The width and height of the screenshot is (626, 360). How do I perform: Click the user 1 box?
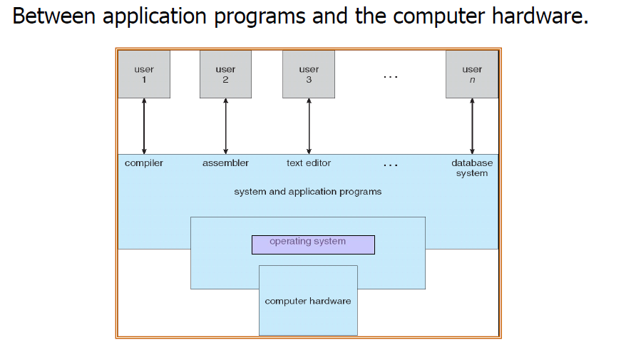point(144,74)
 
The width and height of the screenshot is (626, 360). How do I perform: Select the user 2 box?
point(225,74)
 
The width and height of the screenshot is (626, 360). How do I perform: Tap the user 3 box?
point(309,74)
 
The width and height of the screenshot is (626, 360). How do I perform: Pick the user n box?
point(472,74)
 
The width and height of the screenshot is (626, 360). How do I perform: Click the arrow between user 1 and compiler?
point(144,126)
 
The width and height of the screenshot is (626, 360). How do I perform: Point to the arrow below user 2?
point(225,126)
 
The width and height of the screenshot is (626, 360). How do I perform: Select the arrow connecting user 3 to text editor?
point(309,126)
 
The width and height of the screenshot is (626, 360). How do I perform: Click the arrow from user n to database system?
point(472,126)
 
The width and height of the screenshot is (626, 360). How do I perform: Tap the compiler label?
point(144,163)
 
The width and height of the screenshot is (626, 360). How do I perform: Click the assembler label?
point(225,163)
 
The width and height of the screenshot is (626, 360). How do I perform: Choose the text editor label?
point(309,163)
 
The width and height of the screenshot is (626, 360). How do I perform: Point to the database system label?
point(472,168)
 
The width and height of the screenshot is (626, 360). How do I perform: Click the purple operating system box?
point(314,245)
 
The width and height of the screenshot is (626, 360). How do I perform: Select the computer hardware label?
point(308,301)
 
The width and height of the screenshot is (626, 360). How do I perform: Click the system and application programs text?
point(308,192)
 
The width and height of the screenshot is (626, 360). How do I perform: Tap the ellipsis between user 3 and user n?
point(391,76)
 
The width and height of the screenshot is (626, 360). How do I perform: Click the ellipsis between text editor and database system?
point(391,165)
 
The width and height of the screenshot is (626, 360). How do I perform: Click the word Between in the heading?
point(54,16)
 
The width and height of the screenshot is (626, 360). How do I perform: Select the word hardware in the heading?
point(540,16)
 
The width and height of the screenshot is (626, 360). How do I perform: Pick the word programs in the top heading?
point(260,18)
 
